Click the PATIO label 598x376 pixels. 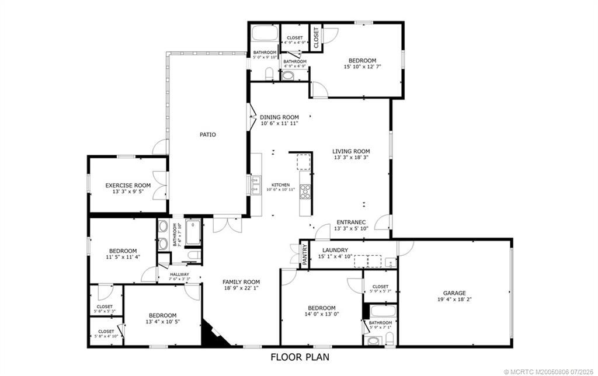pyautogui.click(x=207, y=135)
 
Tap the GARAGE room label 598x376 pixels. pyautogui.click(x=454, y=294)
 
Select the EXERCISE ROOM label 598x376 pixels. pyautogui.click(x=128, y=186)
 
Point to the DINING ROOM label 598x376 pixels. pyautogui.click(x=279, y=117)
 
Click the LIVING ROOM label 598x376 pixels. pyautogui.click(x=351, y=151)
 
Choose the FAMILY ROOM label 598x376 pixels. pyautogui.click(x=241, y=282)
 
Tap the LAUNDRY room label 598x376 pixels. pyautogui.click(x=335, y=250)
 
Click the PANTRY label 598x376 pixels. pyautogui.click(x=304, y=254)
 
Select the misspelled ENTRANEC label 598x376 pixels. pyautogui.click(x=350, y=222)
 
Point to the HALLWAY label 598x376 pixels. pyautogui.click(x=179, y=274)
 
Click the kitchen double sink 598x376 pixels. pyautogui.click(x=256, y=185)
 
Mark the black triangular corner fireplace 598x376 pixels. pyautogui.click(x=210, y=335)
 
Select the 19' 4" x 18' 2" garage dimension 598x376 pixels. pyautogui.click(x=454, y=300)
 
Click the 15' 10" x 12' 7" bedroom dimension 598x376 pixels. pyautogui.click(x=362, y=67)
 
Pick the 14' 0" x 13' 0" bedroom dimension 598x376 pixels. pyautogui.click(x=322, y=314)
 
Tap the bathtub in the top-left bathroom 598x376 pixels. pyautogui.click(x=265, y=33)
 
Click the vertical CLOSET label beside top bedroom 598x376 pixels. pyautogui.click(x=316, y=38)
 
